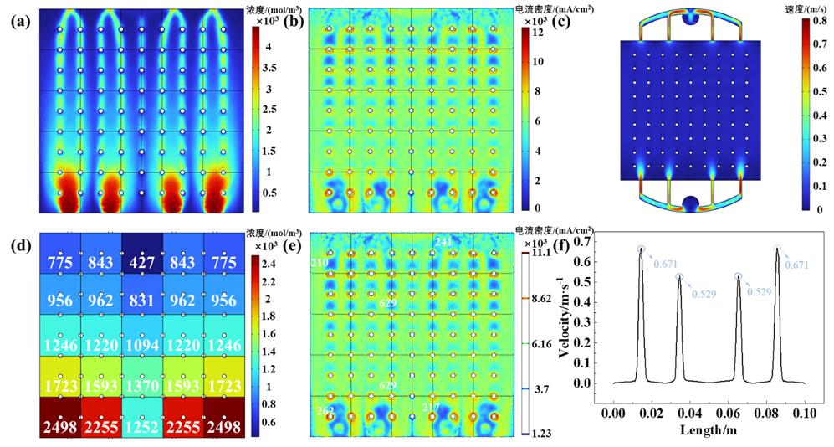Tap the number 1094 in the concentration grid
(x=141, y=345)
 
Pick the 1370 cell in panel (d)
(x=141, y=386)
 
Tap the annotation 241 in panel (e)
(x=443, y=242)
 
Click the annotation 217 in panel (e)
(x=431, y=408)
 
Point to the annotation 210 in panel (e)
(x=319, y=263)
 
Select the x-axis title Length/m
(x=708, y=433)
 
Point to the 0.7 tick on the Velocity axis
(x=600, y=242)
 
